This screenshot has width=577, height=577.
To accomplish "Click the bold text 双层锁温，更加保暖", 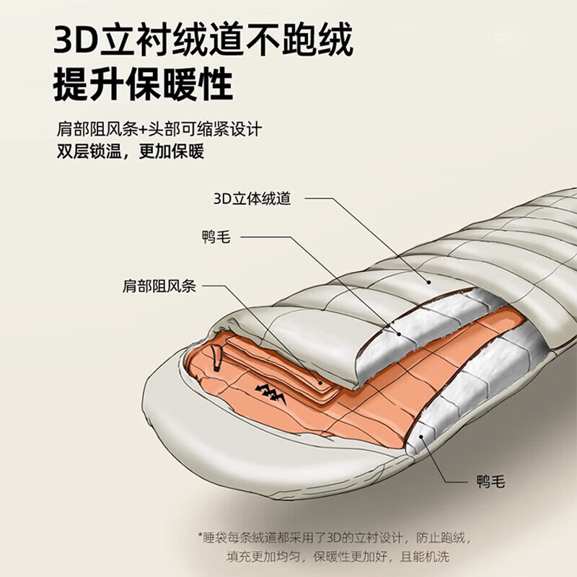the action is coord(131,151).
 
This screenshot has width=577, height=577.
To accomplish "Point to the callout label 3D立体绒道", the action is coord(252,198).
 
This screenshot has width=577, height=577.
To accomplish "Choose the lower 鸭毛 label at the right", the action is coord(490,481).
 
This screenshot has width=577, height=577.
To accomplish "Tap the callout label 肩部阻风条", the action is coord(159,286).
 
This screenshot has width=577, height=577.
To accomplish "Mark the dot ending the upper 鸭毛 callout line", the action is coord(399,333).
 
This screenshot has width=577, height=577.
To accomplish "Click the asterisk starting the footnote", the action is coord(201,537).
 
